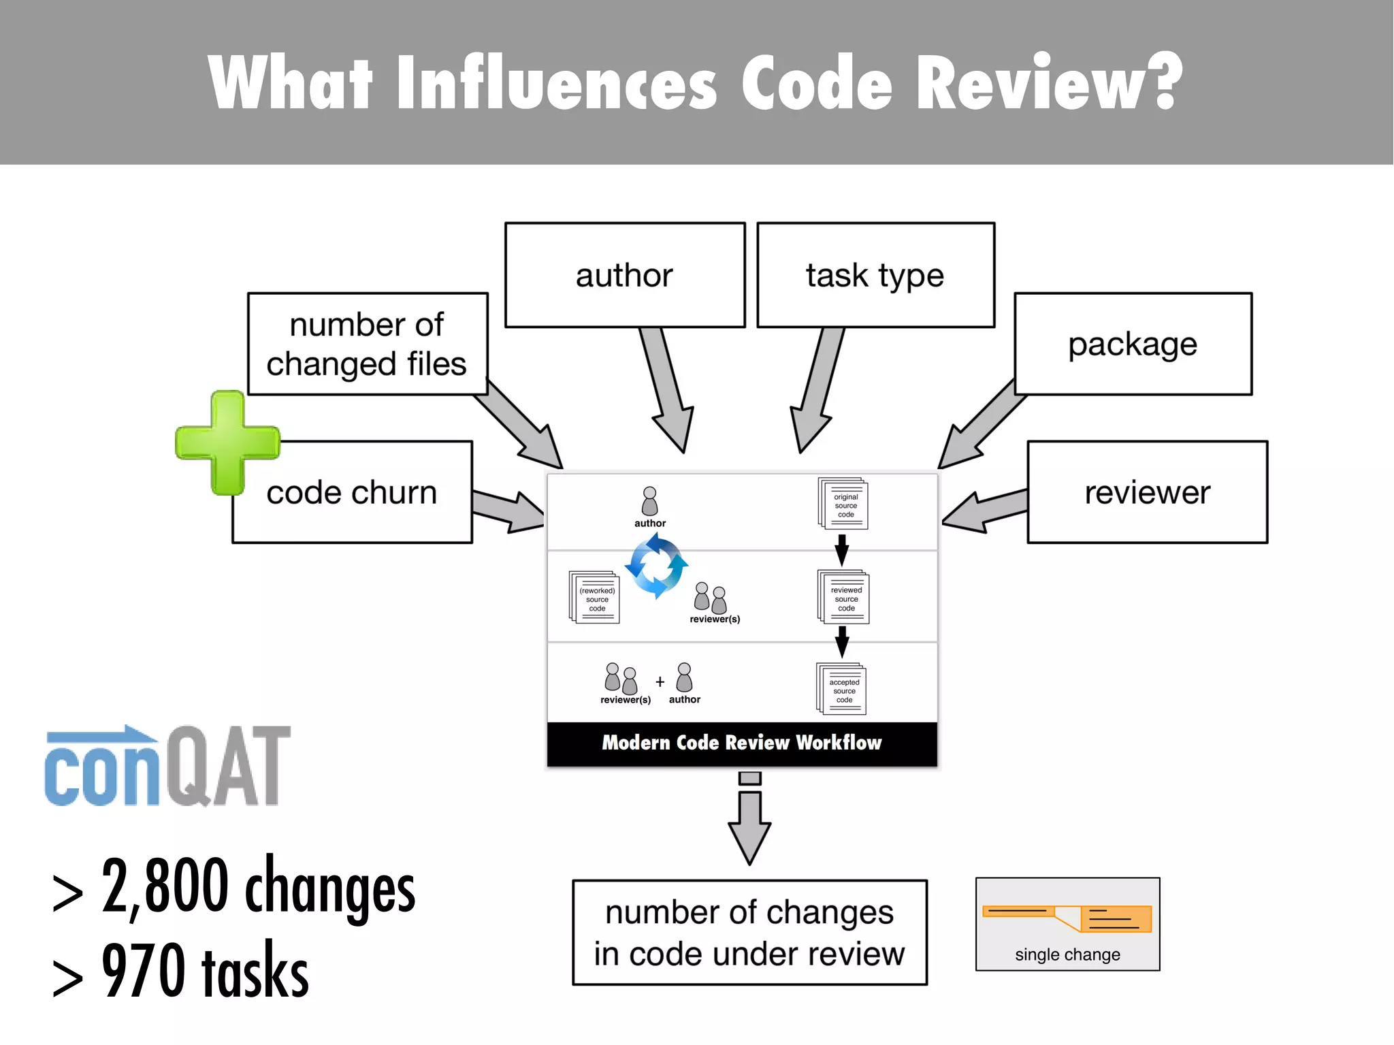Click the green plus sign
227,443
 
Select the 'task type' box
875,275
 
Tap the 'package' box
1133,344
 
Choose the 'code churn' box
352,492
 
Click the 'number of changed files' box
368,344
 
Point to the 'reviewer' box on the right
1148,492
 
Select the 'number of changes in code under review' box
749,933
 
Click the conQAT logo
167,766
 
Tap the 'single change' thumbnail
1067,924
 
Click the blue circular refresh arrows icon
656,566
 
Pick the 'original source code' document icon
843,504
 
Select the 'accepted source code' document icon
842,689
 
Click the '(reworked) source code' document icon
594,598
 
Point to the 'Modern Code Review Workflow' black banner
742,743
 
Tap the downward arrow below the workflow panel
749,820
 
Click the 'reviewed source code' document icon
844,597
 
